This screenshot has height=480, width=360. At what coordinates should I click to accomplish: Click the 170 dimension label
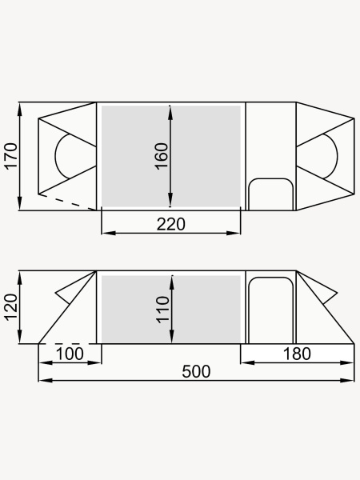pyautogui.click(x=10, y=156)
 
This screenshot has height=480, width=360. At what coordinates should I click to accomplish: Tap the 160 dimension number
pyautogui.click(x=162, y=156)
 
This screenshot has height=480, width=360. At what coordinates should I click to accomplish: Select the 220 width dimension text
pyautogui.click(x=171, y=224)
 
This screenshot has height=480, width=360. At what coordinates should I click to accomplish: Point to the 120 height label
pyautogui.click(x=10, y=307)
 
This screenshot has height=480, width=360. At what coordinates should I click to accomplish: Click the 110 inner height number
pyautogui.click(x=162, y=310)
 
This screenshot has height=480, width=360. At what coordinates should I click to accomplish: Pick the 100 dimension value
pyautogui.click(x=70, y=354)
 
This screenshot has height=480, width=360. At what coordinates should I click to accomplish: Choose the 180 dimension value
pyautogui.click(x=297, y=354)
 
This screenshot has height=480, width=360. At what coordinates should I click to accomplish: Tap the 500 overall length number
pyautogui.click(x=196, y=372)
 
